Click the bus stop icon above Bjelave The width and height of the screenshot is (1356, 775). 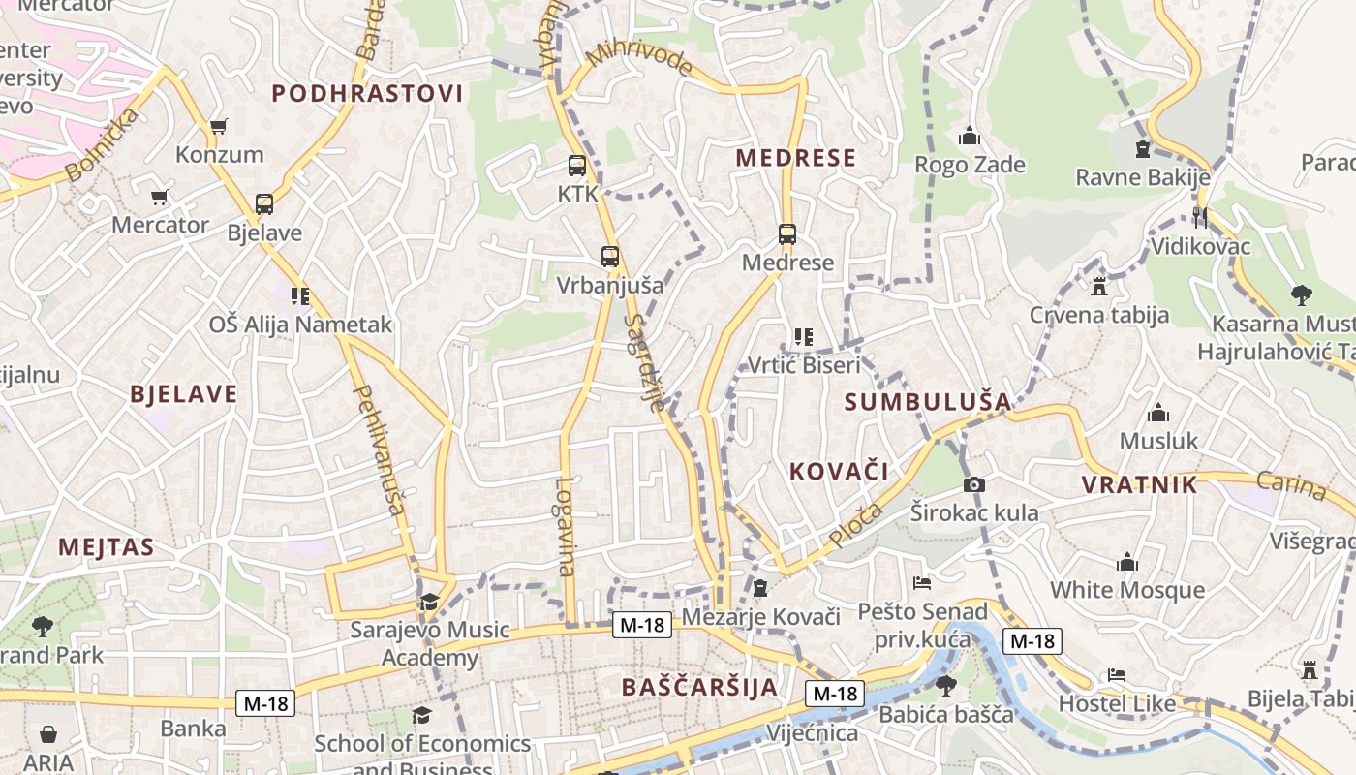[x=263, y=204]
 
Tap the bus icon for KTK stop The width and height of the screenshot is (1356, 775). [x=577, y=166]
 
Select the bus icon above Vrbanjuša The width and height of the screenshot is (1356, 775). [x=609, y=257]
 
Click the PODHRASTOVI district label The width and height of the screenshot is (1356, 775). [x=367, y=94]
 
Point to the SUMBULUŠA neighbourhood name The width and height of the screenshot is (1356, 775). [x=927, y=402]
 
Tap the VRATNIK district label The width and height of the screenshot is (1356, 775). [x=1139, y=485]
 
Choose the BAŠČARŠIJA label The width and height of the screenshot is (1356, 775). [x=699, y=688]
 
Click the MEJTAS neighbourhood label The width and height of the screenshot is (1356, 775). [x=106, y=547]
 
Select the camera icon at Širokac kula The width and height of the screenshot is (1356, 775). [x=973, y=484]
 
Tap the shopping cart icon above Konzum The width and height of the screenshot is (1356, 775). [x=219, y=126]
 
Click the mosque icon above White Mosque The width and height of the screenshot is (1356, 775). [x=1127, y=563]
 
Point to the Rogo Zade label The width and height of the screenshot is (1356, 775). [x=970, y=165]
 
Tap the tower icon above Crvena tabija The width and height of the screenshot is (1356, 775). [x=1098, y=287]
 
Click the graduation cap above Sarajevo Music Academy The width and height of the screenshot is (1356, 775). [x=429, y=603]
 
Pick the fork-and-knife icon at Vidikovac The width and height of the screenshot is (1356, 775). [x=1200, y=218]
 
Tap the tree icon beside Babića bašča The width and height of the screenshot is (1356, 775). [x=946, y=686]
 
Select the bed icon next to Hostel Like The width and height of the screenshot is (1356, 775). [x=1117, y=675]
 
